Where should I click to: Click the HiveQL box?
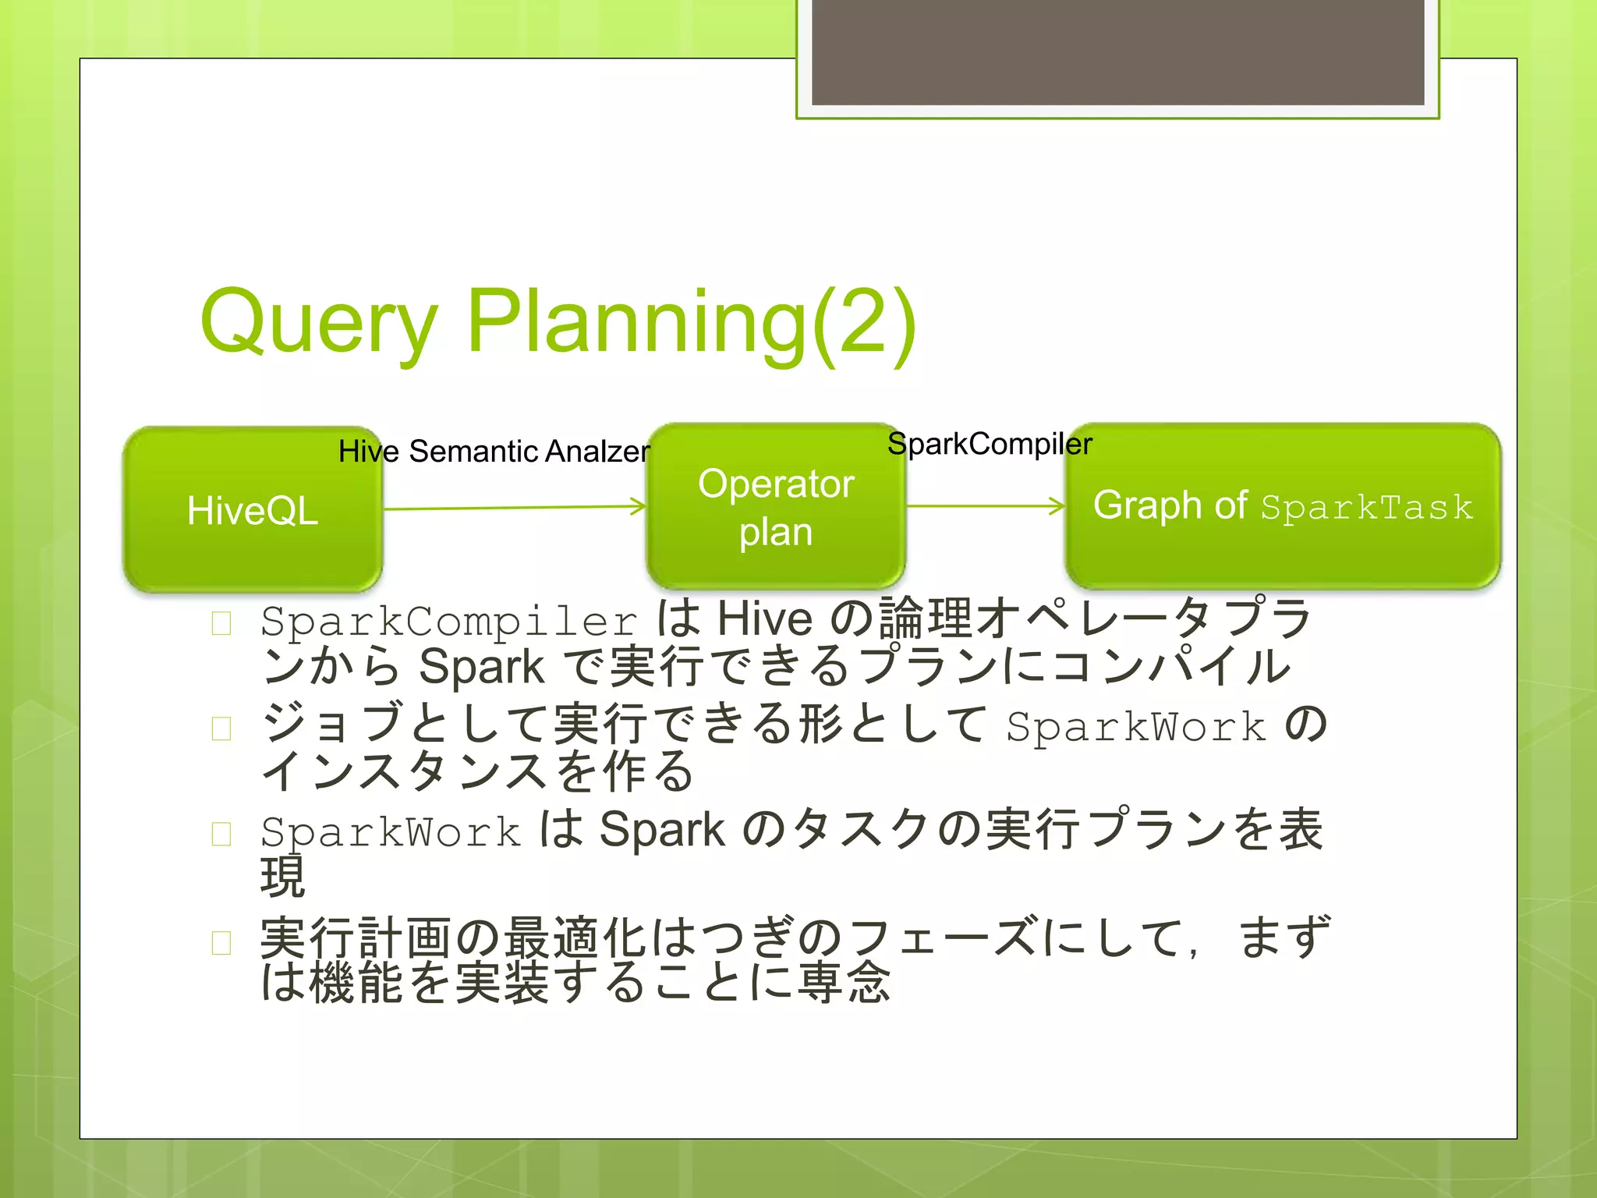tap(252, 510)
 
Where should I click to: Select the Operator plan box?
tap(775, 507)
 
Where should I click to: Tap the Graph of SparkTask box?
tap(1282, 507)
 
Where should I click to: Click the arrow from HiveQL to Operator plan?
tap(515, 508)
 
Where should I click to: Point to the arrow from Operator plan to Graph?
tap(984, 506)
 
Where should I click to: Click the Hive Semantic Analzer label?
tap(494, 452)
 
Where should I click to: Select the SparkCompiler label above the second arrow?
tap(989, 444)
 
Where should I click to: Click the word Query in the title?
tap(318, 321)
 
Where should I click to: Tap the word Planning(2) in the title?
tap(691, 321)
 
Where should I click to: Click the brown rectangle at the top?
tap(1117, 51)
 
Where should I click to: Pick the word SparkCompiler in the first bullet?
tap(449, 622)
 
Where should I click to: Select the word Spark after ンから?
tap(480, 668)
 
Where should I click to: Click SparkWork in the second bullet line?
tap(1135, 727)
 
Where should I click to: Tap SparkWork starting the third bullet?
tap(390, 831)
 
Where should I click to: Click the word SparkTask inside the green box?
tap(1366, 508)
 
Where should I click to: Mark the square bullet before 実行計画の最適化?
tap(221, 943)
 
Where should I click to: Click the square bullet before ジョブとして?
tap(221, 728)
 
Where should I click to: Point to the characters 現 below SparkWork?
tap(282, 877)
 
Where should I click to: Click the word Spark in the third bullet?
tap(662, 830)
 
